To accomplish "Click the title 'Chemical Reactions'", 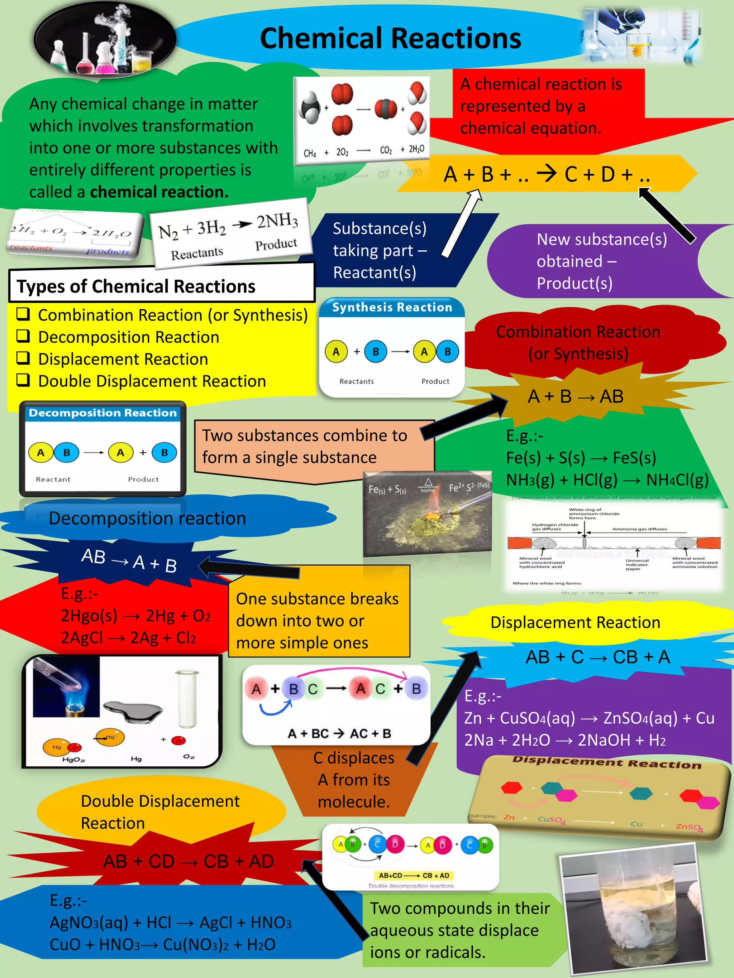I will [390, 38].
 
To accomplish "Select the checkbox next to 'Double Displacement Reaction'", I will [23, 380].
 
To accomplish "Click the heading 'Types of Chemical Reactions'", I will [136, 286].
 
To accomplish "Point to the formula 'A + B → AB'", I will [575, 396].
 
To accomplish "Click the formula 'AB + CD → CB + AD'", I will [189, 861].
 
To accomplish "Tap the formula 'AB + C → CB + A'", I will [597, 657].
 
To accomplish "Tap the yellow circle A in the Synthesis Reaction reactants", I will [336, 352].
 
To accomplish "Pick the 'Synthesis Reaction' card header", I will [392, 307].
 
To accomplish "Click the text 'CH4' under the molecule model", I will [310, 153].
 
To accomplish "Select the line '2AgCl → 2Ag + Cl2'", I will [128, 637].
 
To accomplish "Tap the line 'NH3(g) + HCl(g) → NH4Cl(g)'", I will [607, 480].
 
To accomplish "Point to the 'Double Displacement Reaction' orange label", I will [160, 812].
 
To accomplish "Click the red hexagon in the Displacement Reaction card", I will [511, 787].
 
